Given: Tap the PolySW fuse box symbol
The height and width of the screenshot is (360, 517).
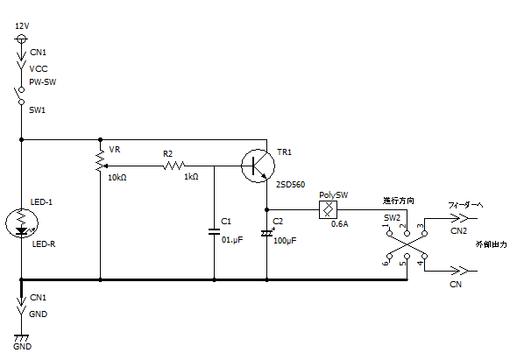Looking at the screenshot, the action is (328, 209).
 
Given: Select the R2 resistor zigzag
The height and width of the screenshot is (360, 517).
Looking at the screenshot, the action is (174, 166).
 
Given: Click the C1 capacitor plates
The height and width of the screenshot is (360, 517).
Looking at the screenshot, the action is (215, 231).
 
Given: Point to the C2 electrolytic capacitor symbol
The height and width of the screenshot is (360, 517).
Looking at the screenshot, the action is (267, 233).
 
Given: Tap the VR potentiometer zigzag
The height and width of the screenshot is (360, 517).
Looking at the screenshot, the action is (100, 161).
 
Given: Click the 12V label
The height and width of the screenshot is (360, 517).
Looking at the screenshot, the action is (22, 25).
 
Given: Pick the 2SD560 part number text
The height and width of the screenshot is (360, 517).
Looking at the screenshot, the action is (290, 185).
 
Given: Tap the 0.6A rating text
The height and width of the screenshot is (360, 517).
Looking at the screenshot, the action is (340, 224).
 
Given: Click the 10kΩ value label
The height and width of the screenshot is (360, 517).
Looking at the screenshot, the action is (117, 177).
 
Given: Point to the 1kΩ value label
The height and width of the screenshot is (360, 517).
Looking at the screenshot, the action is (191, 177).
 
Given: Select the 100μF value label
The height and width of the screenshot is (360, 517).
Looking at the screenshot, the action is (285, 240).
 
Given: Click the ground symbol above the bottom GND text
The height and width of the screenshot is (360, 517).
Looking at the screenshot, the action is (21, 337).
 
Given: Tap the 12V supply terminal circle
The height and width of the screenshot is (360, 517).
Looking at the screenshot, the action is (21, 39).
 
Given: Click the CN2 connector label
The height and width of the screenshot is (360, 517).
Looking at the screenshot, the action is (458, 231).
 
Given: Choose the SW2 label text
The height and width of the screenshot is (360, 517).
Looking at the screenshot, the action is (392, 218).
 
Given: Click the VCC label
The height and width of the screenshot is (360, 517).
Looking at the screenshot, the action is (39, 68).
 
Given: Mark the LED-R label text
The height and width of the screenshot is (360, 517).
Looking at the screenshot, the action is (44, 244).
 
